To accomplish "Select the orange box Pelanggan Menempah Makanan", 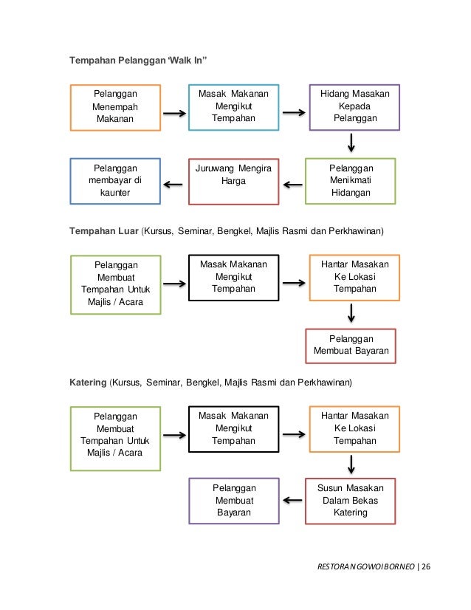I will point(115,107).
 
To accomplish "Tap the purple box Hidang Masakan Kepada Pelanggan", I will point(354,106).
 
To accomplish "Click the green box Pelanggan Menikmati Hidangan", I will point(351,181).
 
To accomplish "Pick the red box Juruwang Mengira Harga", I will point(233,181).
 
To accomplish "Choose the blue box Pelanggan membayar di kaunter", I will point(115,181).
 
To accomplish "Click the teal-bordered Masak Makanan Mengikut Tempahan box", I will point(233,106).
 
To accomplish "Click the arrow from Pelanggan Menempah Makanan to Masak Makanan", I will point(174,113).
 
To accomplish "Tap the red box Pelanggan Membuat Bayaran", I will point(351,346).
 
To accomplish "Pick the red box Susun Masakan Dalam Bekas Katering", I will point(351,500).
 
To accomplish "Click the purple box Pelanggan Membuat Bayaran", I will point(234,500).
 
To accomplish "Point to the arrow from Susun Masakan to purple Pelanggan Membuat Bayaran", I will point(292,500).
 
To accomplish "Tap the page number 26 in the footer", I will point(426,567).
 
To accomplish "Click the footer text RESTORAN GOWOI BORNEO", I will point(365,567).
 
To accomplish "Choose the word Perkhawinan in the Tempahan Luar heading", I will point(354,231).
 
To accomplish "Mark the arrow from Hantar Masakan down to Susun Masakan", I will point(351,464).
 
